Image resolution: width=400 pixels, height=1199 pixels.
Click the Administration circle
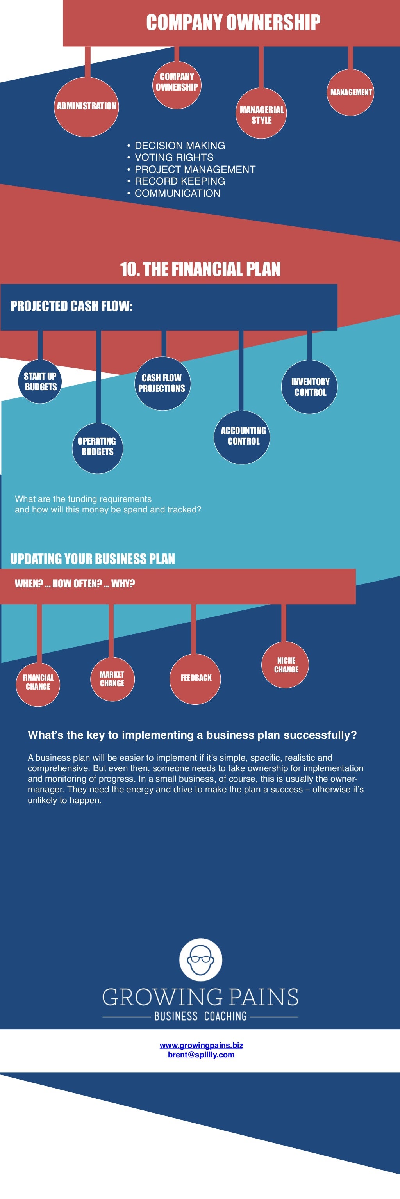[86, 107]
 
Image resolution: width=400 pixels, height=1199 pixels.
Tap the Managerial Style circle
[261, 114]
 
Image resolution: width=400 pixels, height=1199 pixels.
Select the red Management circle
[350, 92]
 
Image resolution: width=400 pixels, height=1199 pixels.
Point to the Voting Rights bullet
[174, 157]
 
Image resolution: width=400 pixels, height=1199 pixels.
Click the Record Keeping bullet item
[179, 181]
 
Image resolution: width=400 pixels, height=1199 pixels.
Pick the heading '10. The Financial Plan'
[200, 269]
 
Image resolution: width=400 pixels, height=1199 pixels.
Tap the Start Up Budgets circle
[41, 381]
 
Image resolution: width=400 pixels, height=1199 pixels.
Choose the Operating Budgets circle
[97, 447]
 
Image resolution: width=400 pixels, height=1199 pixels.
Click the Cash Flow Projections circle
[162, 383]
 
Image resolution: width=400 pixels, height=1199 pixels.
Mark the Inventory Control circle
[310, 387]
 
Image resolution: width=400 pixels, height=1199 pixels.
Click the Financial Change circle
[38, 682]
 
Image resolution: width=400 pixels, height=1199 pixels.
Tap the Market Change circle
[112, 679]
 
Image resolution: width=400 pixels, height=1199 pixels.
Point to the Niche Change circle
[286, 665]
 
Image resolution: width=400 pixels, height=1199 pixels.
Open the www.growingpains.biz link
[201, 1045]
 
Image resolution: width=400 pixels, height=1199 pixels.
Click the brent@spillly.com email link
[201, 1054]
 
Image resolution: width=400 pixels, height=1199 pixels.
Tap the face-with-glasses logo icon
[200, 959]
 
